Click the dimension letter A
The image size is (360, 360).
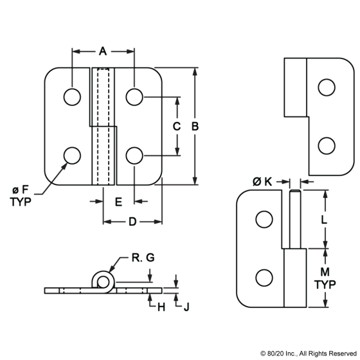tap(103, 51)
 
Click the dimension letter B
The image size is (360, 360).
tap(195, 126)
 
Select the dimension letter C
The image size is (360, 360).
tap(177, 126)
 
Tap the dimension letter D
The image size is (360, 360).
tap(132, 222)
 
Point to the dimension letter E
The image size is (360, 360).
tap(118, 202)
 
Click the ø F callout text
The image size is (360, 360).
tap(21, 190)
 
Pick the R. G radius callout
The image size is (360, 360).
tap(143, 257)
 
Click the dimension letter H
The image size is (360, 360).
tap(161, 307)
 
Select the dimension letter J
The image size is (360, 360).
tap(186, 307)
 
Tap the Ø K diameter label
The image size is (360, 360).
tap(262, 182)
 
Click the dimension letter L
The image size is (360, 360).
tap(323, 220)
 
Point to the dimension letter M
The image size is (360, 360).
tap(325, 272)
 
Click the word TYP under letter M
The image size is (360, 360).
tap(325, 284)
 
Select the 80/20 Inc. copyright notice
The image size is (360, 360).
tap(309, 354)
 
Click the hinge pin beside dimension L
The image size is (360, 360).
tap(295, 219)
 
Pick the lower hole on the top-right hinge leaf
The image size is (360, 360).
tap(327, 146)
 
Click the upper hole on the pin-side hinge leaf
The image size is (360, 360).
tap(264, 219)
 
